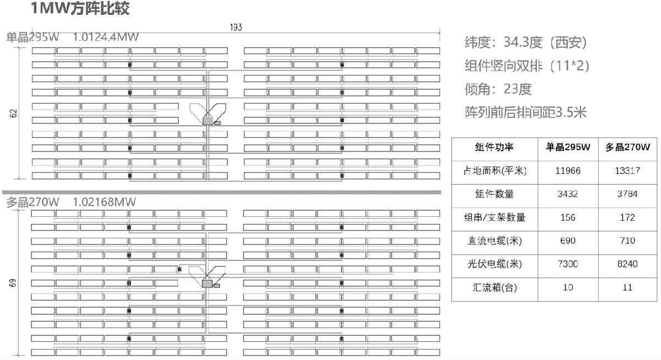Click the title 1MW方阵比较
tap(80, 9)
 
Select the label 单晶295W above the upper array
tap(32, 37)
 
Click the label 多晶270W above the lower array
tap(32, 202)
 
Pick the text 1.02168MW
tap(104, 202)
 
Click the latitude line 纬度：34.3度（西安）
tap(527, 42)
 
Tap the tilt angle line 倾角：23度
tap(499, 89)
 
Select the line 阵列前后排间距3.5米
tap(526, 113)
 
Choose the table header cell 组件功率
tap(494, 148)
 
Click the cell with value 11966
tap(567, 171)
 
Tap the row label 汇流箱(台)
tap(494, 287)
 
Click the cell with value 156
tap(567, 217)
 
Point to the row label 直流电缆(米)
tap(494, 241)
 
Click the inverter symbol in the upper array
tap(208, 119)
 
